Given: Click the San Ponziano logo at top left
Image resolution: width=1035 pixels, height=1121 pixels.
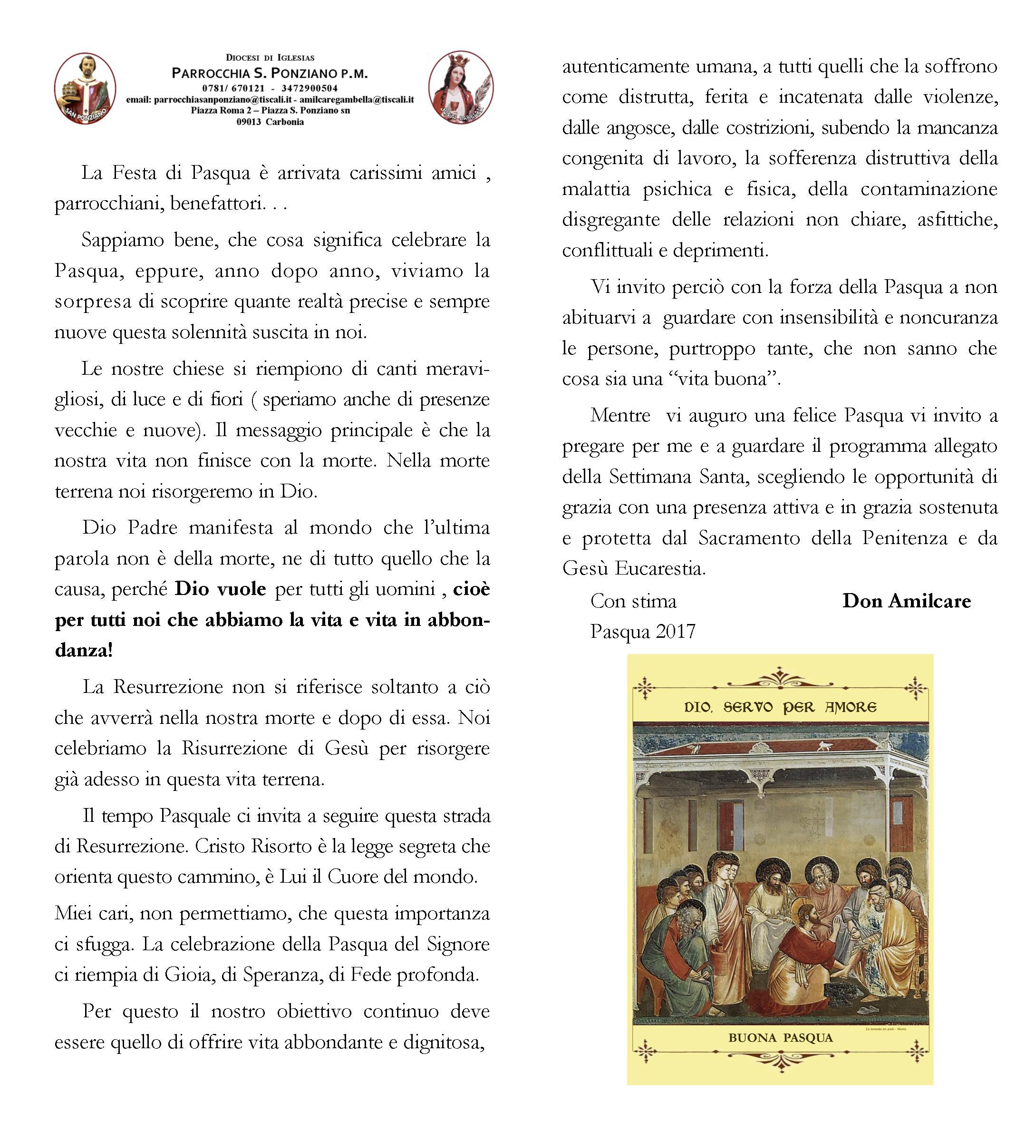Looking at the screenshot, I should click(x=85, y=88).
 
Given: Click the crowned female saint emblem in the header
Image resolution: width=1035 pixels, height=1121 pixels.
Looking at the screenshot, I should click(x=461, y=88).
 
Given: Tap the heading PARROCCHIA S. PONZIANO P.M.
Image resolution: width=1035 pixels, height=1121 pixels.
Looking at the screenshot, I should click(x=270, y=73).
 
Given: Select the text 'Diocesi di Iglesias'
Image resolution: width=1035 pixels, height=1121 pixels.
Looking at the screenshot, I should click(x=270, y=58).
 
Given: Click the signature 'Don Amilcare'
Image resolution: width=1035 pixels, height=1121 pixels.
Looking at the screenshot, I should click(x=906, y=601).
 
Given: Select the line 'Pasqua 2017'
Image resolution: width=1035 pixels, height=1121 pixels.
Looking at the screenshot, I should click(x=642, y=632).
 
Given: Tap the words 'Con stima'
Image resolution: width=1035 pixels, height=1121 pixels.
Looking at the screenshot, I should click(x=633, y=601).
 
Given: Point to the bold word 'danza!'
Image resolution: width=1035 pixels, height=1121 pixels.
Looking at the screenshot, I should click(x=84, y=651).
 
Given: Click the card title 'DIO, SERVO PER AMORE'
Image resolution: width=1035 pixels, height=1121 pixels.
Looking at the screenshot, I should click(x=780, y=707).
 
